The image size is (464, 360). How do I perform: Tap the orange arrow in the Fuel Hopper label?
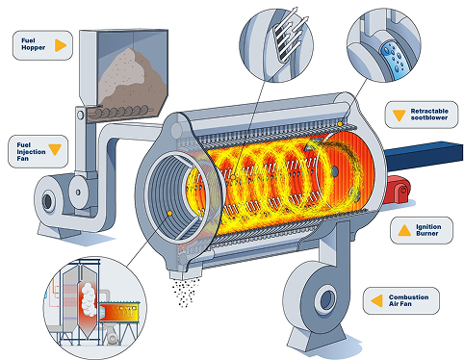click(x=61, y=44)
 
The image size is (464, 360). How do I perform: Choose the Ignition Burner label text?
click(x=429, y=231)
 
